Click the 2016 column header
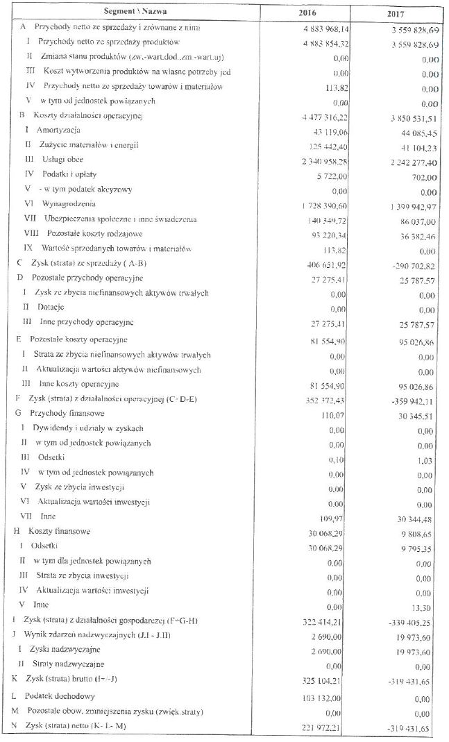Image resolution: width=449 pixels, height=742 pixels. (305, 12)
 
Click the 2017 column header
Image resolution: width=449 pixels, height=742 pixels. (398, 12)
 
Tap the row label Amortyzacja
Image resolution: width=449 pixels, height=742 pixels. (60, 130)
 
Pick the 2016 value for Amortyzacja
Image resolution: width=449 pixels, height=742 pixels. (329, 130)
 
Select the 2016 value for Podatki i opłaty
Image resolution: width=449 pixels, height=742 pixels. (334, 176)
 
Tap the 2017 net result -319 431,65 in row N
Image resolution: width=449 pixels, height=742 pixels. (412, 727)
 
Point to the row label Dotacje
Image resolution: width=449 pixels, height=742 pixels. (49, 307)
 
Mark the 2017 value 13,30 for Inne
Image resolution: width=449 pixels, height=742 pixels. (427, 606)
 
